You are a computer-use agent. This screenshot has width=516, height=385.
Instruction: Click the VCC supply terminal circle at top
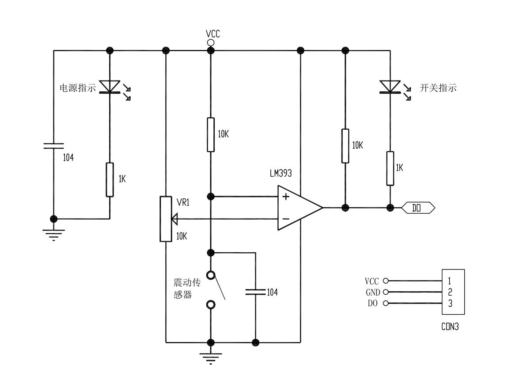211,42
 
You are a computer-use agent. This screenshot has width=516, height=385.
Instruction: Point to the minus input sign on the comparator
286,219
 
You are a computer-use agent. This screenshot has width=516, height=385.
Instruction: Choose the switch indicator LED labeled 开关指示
390,87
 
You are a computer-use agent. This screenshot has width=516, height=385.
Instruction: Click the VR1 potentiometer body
166,219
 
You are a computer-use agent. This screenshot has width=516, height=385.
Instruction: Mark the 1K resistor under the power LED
110,179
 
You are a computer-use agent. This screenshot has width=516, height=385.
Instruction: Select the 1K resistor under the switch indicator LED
390,168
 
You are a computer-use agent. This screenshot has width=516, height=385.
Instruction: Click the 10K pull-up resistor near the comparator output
345,146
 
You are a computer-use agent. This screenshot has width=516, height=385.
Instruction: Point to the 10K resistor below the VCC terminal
211,135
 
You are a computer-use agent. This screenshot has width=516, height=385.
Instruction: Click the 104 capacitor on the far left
53,146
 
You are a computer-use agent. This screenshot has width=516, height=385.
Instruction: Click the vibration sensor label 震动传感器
186,289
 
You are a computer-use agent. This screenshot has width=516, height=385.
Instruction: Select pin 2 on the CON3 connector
450,292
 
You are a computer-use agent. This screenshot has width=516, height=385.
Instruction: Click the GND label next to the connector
372,292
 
